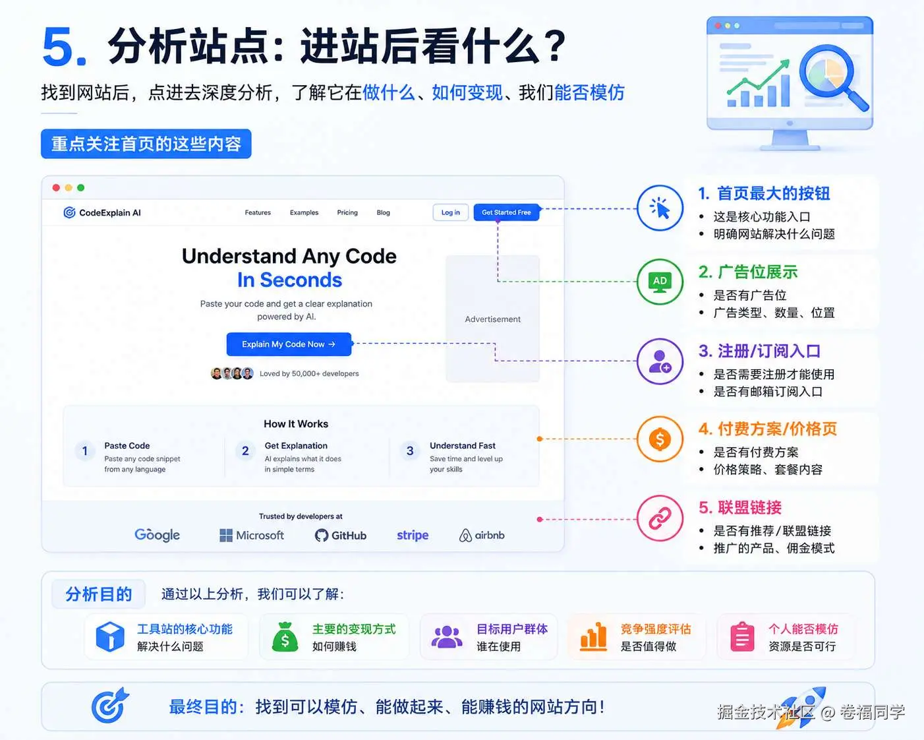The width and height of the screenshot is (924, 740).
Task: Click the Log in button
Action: pyautogui.click(x=450, y=212)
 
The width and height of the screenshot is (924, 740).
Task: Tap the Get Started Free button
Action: pyautogui.click(x=506, y=212)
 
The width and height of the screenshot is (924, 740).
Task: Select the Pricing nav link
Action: pyautogui.click(x=347, y=212)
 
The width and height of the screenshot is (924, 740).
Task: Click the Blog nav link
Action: pyautogui.click(x=383, y=212)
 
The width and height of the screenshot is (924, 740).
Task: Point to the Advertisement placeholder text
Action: pyautogui.click(x=492, y=319)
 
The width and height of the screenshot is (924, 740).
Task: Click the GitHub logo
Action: pyautogui.click(x=341, y=536)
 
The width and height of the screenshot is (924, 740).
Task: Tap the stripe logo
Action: pyautogui.click(x=413, y=536)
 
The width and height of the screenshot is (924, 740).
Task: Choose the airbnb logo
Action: pyautogui.click(x=482, y=536)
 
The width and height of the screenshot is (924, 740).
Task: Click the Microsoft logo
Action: pyautogui.click(x=252, y=536)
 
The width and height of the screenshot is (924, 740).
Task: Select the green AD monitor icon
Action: pyautogui.click(x=660, y=282)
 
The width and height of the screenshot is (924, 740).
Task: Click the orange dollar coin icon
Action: pyautogui.click(x=660, y=439)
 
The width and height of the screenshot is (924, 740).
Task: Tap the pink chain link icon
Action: pyautogui.click(x=660, y=518)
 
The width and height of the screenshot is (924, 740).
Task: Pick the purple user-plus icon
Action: pyautogui.click(x=660, y=361)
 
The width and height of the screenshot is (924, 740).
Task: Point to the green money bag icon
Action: pyautogui.click(x=285, y=637)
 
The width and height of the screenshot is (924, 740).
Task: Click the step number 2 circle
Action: pyautogui.click(x=245, y=450)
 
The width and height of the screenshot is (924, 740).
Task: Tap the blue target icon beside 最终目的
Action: pyautogui.click(x=109, y=706)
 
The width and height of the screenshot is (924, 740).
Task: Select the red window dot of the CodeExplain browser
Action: pyautogui.click(x=56, y=188)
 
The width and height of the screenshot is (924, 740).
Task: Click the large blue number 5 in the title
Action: pyautogui.click(x=65, y=46)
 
